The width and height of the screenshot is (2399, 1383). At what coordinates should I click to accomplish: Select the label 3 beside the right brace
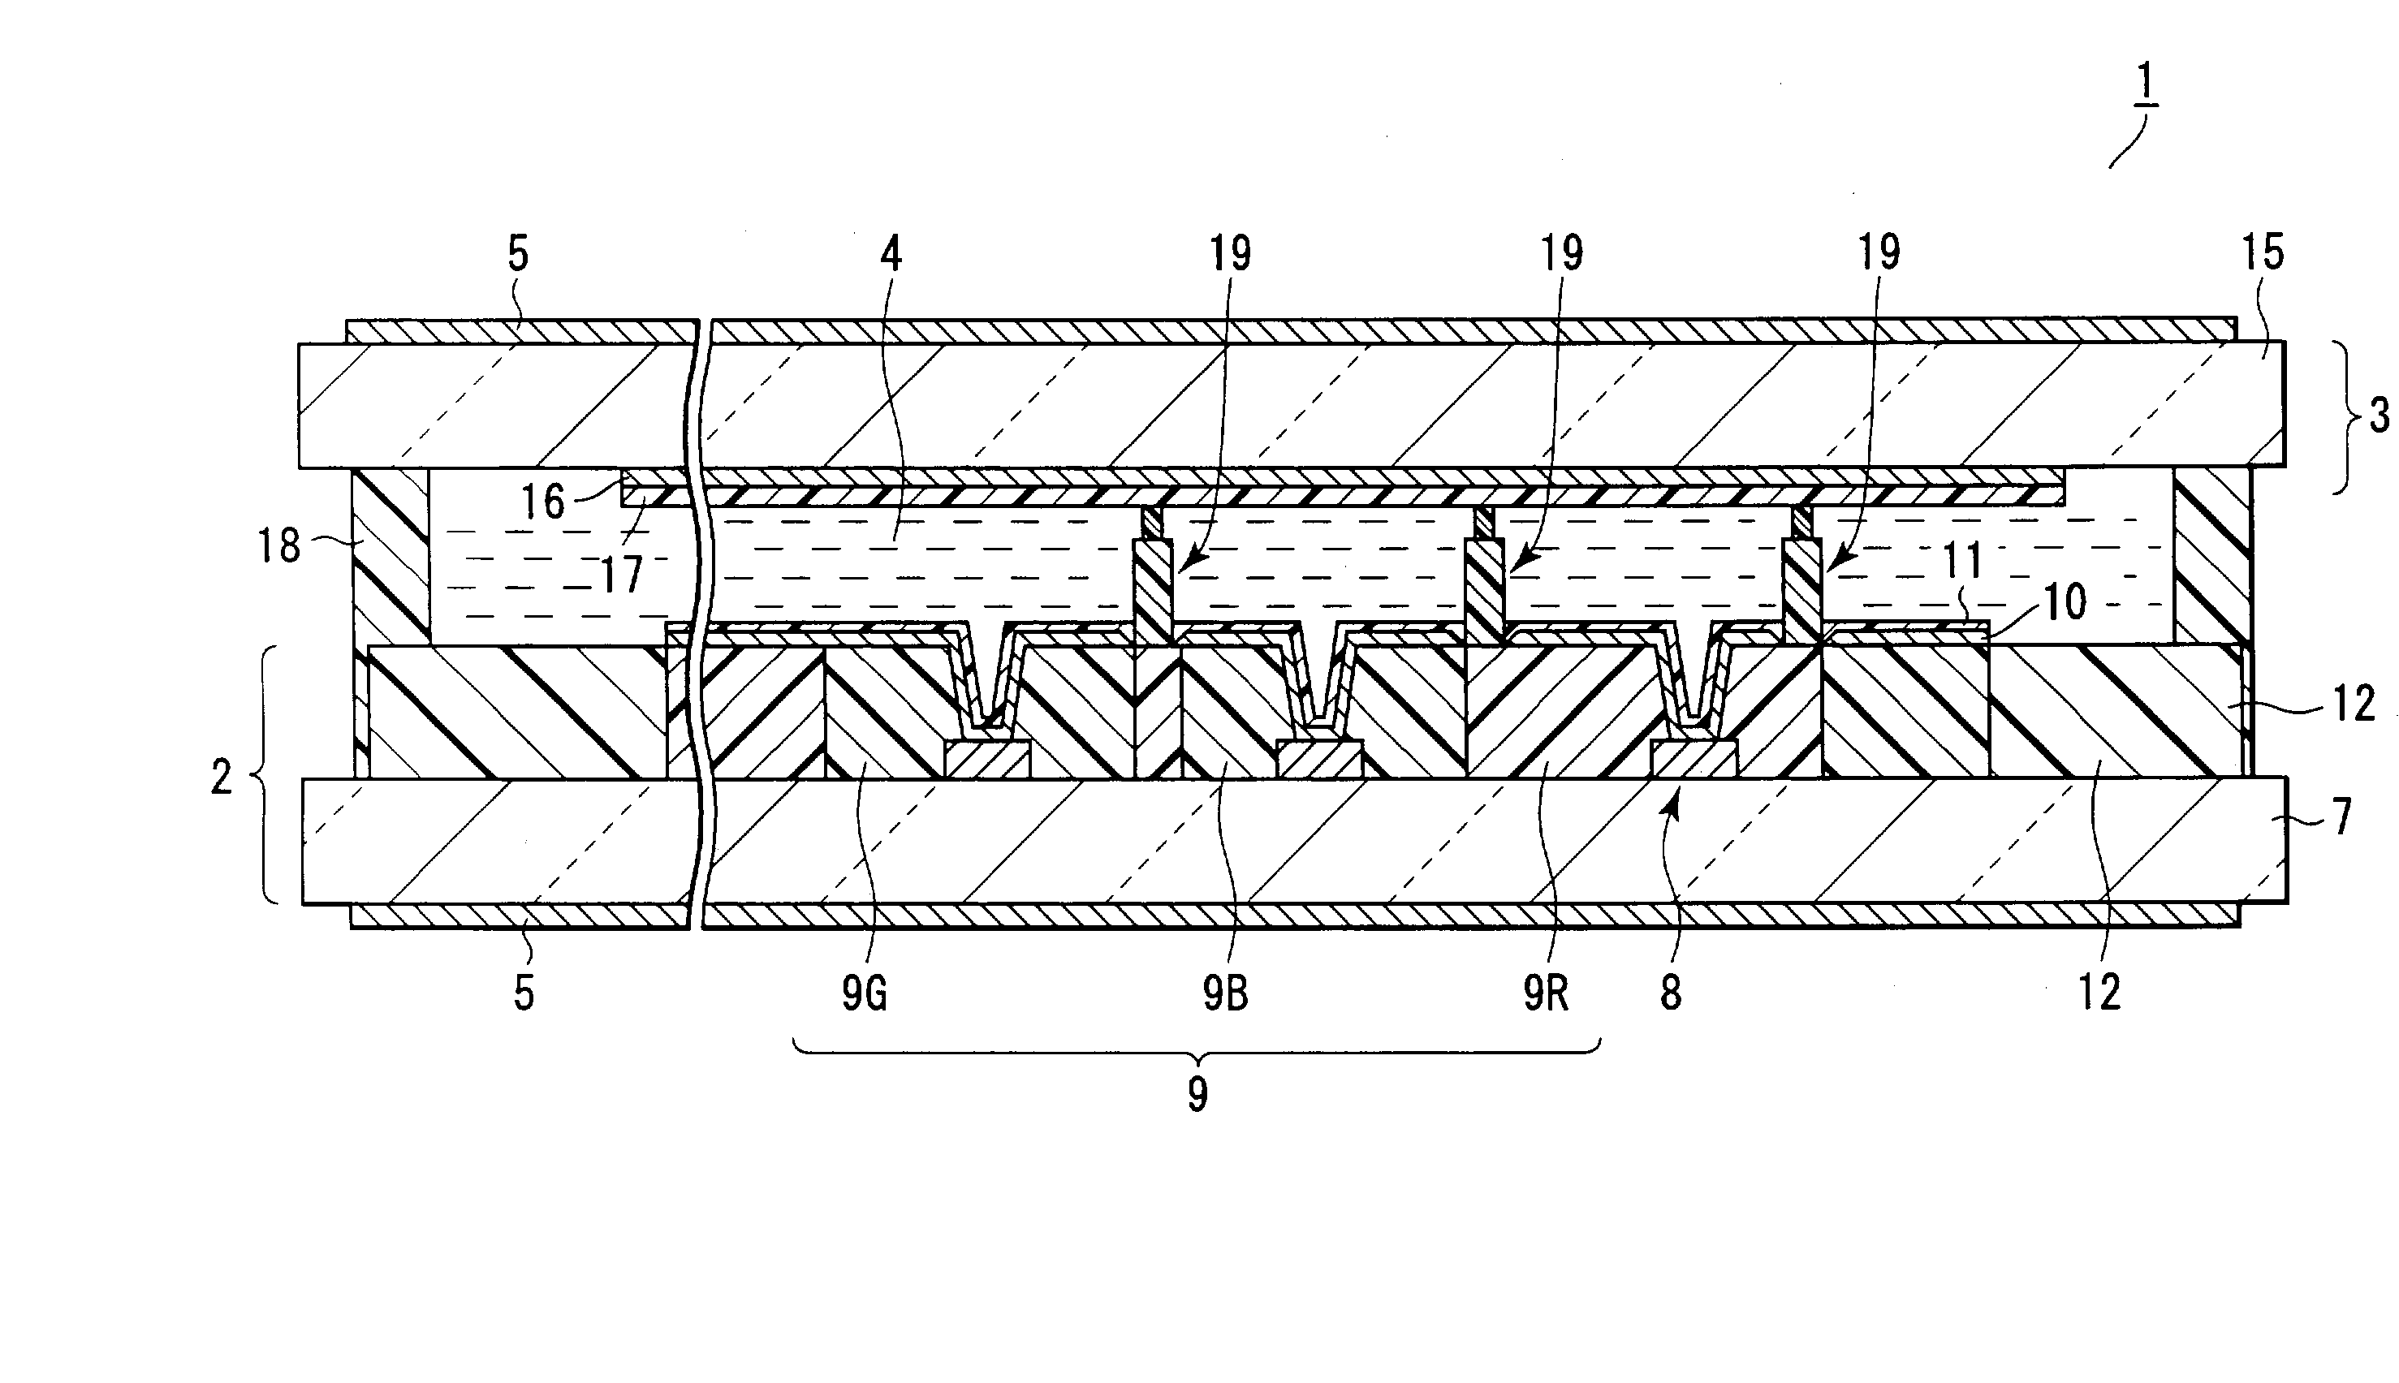pos(2379,416)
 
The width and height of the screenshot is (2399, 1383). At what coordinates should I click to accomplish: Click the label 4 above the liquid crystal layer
pos(891,255)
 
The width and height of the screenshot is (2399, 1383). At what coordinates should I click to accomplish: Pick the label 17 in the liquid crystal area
pos(623,575)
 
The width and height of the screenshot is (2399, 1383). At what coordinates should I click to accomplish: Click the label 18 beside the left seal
pos(279,546)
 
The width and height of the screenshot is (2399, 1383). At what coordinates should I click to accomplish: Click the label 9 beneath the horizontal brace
pos(1198,1095)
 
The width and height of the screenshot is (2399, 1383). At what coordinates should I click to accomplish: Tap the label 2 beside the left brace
pos(222,778)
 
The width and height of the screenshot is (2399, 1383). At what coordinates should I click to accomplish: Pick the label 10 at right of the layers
pos(2064,601)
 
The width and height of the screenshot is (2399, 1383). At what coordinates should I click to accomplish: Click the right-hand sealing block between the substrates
pos(2211,556)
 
